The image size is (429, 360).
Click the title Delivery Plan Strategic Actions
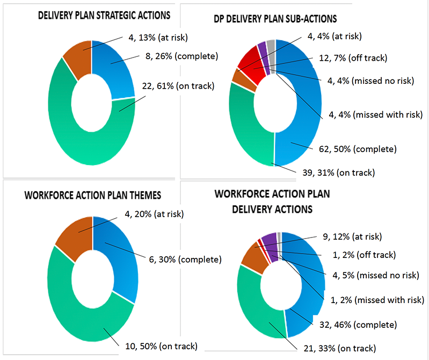[x=104, y=15]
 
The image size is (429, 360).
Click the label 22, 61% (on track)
[x=177, y=87]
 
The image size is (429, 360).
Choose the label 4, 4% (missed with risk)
[x=375, y=114]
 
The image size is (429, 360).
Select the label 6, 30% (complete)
[x=184, y=260]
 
